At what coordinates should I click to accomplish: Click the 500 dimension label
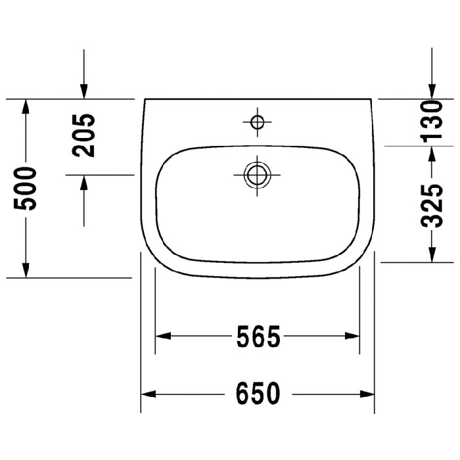click(x=25, y=189)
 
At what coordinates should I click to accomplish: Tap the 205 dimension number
click(x=83, y=135)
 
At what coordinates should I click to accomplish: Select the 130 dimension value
click(x=432, y=121)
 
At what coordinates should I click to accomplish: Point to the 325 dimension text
click(x=432, y=206)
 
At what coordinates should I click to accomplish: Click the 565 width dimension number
click(x=258, y=336)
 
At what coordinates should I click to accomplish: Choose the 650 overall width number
click(x=258, y=394)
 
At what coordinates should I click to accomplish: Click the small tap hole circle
click(x=258, y=122)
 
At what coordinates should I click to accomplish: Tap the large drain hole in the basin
click(x=257, y=175)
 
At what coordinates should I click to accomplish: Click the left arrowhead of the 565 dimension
click(x=163, y=336)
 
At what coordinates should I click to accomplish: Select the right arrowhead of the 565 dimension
click(x=352, y=336)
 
